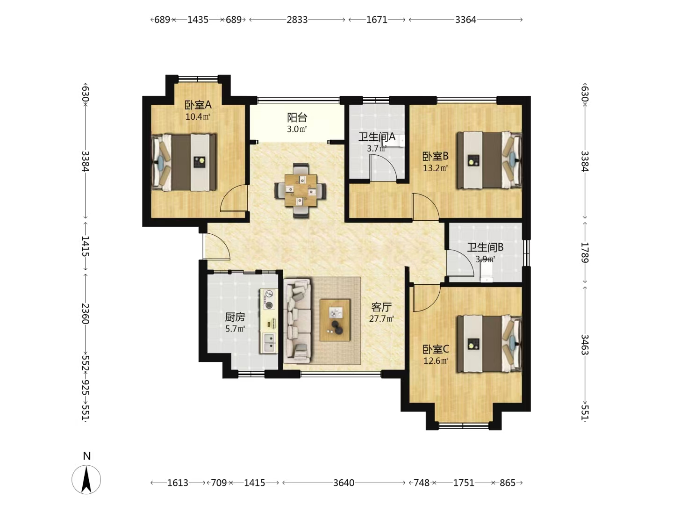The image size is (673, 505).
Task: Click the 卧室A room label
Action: click(198, 105)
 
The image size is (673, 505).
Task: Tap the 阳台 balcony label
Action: click(297, 117)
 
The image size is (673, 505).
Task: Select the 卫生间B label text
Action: click(485, 247)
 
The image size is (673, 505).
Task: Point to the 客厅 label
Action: click(381, 307)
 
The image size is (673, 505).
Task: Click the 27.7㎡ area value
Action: click(381, 319)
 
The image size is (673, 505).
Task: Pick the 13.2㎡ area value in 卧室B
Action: click(436, 168)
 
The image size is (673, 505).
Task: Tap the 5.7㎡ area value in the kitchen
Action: click(235, 329)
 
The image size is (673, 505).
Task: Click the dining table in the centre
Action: click(301, 190)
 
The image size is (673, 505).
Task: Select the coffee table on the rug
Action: click(335, 320)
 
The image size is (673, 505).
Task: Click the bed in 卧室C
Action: click(489, 344)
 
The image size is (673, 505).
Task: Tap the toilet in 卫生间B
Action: click(486, 272)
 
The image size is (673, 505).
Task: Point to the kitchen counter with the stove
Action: click(269, 321)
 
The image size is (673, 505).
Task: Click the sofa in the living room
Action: click(297, 321)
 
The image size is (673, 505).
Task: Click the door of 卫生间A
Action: click(383, 168)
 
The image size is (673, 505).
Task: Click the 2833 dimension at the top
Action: click(297, 20)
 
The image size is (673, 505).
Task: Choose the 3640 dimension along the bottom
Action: click(344, 483)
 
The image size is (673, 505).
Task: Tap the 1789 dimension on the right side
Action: click(585, 252)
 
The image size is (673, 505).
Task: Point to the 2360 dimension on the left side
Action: click(85, 313)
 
